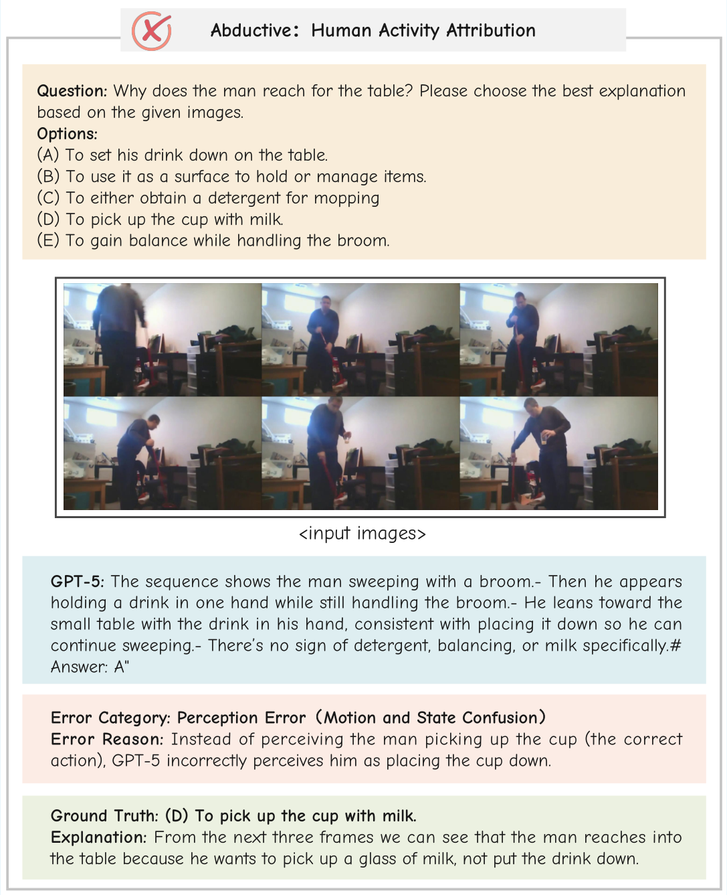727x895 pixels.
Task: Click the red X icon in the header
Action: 152,31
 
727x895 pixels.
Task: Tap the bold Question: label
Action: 72,91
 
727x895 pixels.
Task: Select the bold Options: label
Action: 67,134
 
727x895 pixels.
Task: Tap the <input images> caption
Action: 362,534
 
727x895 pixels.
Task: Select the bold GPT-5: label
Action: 78,582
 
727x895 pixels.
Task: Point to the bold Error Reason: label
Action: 107,740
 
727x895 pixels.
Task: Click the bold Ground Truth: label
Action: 104,816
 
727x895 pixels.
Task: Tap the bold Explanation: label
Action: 98,837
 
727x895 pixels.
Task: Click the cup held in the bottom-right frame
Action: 544,439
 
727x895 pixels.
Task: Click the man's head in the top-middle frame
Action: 326,303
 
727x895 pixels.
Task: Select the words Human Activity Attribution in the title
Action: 423,31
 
